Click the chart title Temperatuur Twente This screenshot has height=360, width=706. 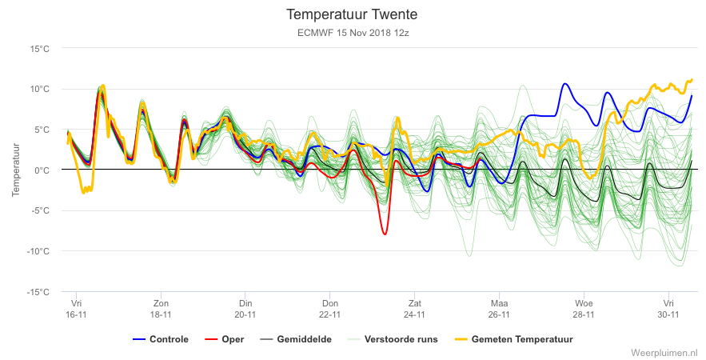point(352,14)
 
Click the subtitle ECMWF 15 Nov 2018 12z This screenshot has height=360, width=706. point(353,33)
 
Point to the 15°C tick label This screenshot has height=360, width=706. point(40,48)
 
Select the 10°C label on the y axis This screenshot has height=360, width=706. point(40,89)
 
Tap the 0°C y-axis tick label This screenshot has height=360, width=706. point(42,170)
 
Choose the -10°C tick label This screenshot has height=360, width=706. point(38,251)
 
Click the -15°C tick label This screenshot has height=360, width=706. point(38,292)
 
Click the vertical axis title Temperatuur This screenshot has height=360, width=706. point(16,170)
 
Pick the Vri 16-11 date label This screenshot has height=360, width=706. point(76,309)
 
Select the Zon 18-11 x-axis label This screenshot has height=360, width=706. point(161,309)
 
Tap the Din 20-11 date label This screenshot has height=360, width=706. point(245,309)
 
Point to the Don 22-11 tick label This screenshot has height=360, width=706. point(330,309)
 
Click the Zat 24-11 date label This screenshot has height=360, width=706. point(415,309)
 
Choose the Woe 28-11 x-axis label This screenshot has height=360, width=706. point(584,309)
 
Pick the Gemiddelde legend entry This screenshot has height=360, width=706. point(296,339)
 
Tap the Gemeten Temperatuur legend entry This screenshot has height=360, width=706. point(514,339)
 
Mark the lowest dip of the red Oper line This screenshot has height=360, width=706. point(385,234)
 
